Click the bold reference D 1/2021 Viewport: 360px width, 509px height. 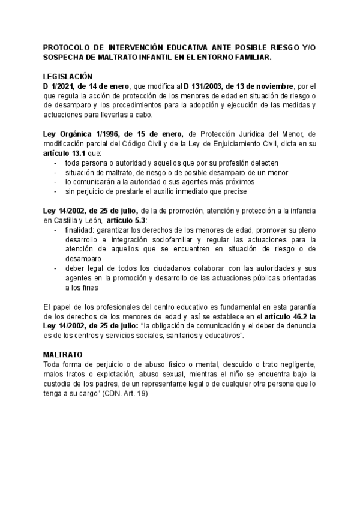pos(60,87)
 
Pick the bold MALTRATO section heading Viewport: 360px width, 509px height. pos(63,355)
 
